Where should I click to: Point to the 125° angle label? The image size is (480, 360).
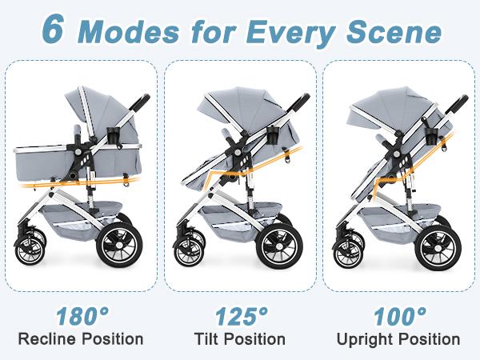[x=239, y=314]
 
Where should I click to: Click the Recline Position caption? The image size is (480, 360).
[x=82, y=339]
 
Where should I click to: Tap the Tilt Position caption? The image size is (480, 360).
[x=240, y=339]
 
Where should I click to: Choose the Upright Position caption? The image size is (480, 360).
[x=398, y=339]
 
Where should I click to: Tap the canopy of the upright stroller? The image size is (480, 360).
[x=382, y=106]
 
